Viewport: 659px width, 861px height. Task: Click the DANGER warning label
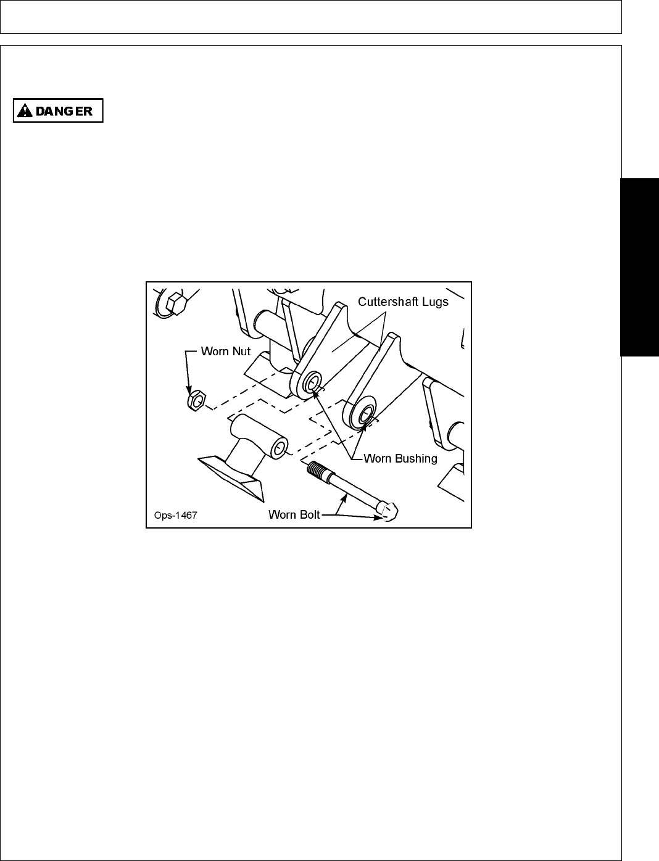pos(58,111)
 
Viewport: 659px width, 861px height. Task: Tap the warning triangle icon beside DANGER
pos(25,111)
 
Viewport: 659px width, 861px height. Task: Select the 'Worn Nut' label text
pos(226,352)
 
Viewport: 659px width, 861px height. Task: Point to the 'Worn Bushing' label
pos(400,458)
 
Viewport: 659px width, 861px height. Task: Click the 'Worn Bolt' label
pos(294,514)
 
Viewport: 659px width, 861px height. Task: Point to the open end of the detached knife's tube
pos(281,447)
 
